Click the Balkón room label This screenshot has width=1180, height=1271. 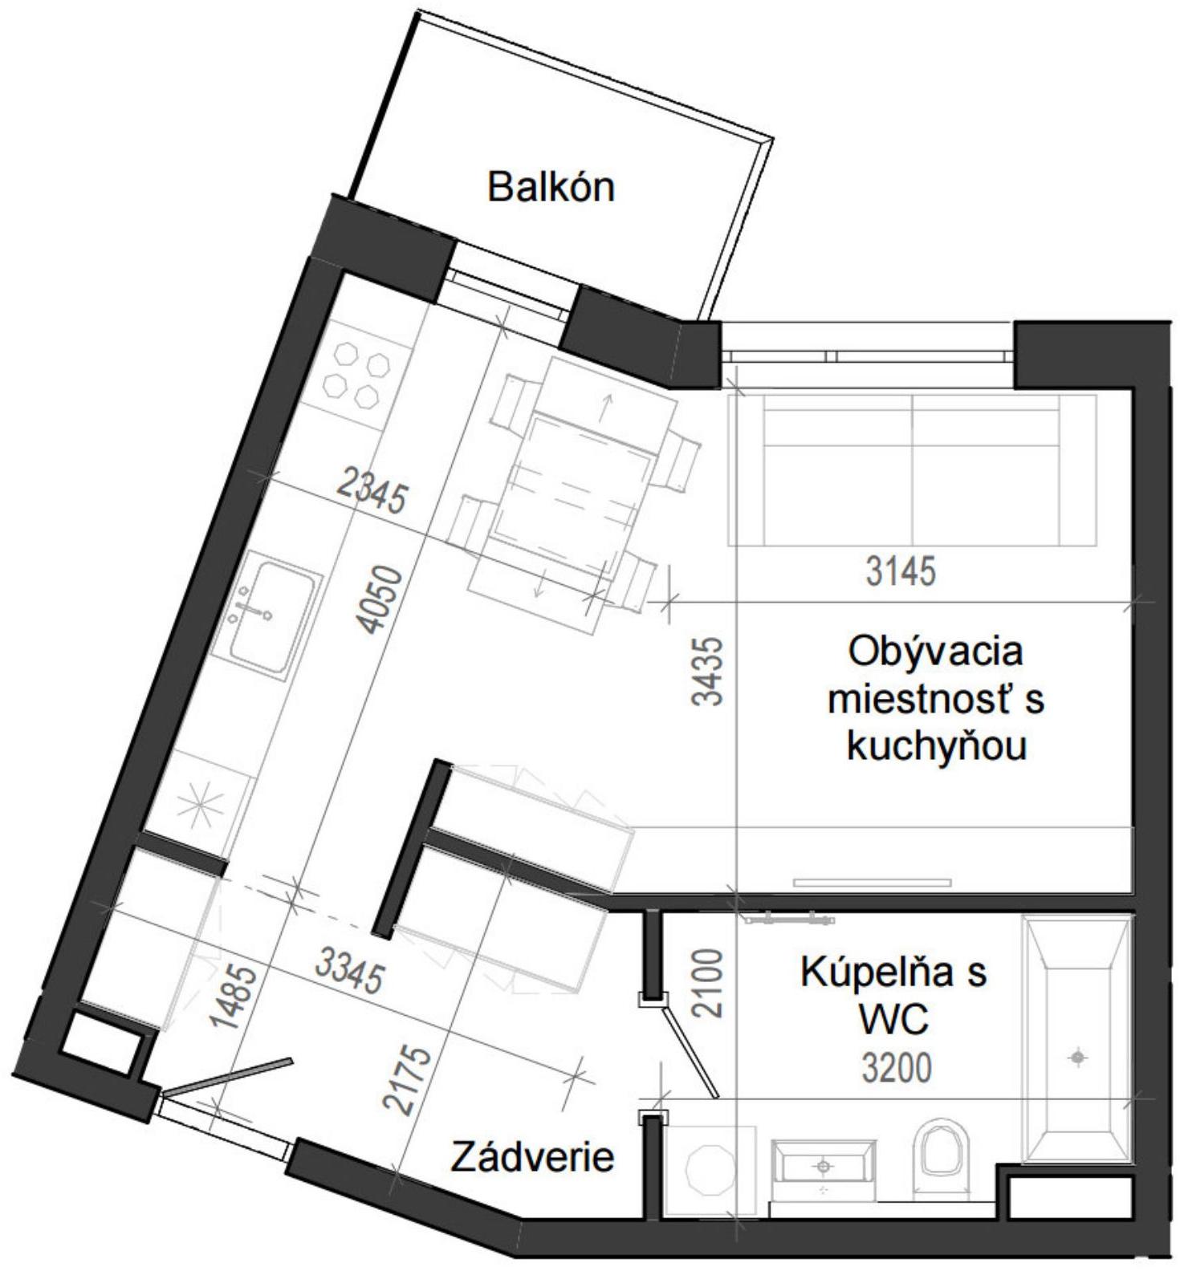[x=551, y=187]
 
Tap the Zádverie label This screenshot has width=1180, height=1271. [x=532, y=1156]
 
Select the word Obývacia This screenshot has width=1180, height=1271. [x=935, y=651]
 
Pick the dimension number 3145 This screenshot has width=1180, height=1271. [x=901, y=571]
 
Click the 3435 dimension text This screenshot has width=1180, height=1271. [x=708, y=671]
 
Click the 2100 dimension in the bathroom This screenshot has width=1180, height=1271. [x=708, y=984]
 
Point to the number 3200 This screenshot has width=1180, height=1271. [x=897, y=1068]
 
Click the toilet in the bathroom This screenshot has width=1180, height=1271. [x=942, y=1147]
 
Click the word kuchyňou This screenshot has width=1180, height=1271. [x=937, y=746]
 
